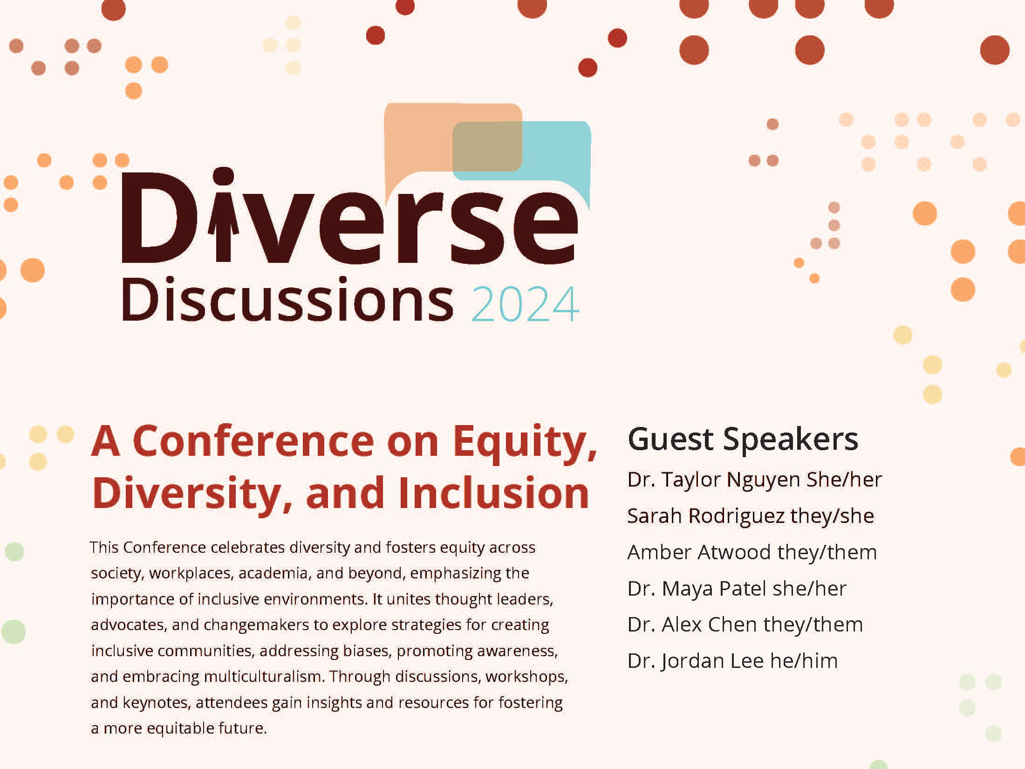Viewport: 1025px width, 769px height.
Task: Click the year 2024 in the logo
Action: tap(526, 304)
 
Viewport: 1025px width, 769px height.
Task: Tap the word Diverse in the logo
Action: tap(350, 217)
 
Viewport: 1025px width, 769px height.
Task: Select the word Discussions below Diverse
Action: tap(287, 299)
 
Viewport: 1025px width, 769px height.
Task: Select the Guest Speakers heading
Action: tap(743, 439)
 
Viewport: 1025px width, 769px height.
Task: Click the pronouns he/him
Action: tap(804, 661)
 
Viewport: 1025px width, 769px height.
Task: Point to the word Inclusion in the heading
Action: tap(494, 493)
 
